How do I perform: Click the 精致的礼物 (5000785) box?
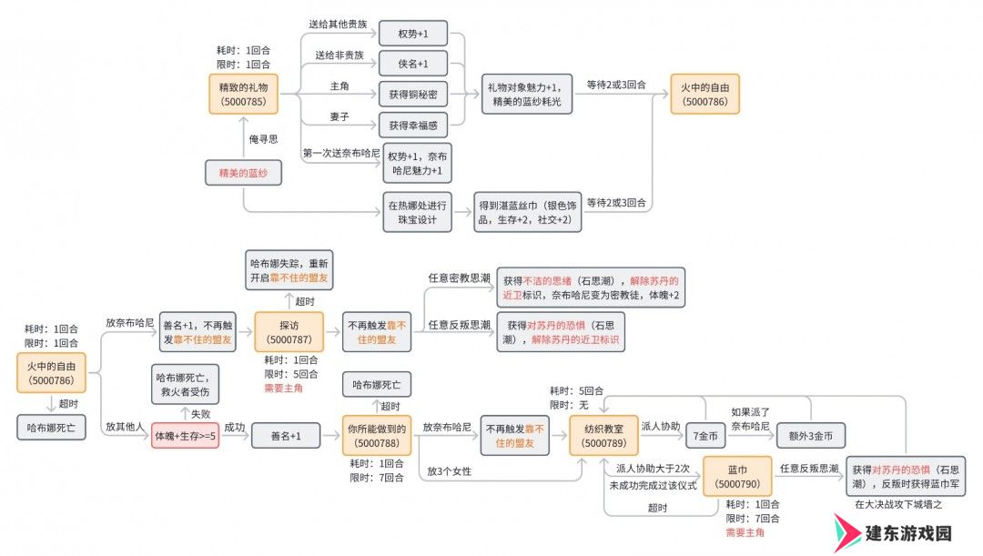(x=243, y=94)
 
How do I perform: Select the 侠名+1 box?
(x=413, y=64)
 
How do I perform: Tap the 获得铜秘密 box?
(x=413, y=95)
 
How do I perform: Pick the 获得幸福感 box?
(x=413, y=126)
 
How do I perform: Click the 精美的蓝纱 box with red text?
(x=243, y=173)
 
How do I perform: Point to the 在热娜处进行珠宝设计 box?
(x=417, y=213)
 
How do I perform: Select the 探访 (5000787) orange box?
(x=289, y=332)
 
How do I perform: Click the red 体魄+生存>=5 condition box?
(x=185, y=436)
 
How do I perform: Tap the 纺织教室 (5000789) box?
(x=603, y=436)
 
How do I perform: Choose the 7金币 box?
(x=705, y=436)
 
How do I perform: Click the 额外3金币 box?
(x=811, y=436)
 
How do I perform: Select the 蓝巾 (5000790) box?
(x=737, y=477)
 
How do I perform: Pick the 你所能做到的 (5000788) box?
(x=377, y=436)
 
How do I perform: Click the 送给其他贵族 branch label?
(x=338, y=24)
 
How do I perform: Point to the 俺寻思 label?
(x=263, y=139)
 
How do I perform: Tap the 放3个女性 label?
(x=449, y=471)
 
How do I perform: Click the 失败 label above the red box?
(x=200, y=414)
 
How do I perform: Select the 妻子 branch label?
(x=339, y=116)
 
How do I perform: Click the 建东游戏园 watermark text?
(x=908, y=533)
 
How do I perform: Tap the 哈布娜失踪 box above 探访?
(x=289, y=271)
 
